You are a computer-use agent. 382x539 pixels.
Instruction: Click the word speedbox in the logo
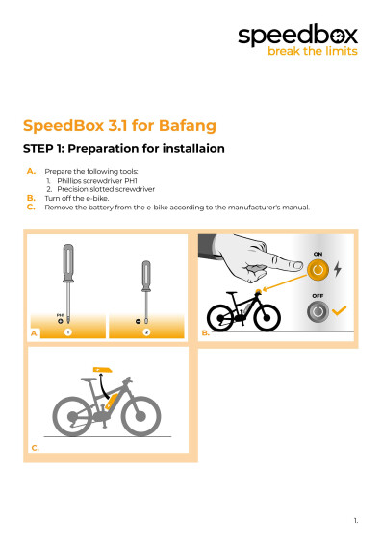(298, 36)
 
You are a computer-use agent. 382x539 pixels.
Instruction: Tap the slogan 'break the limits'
(312, 52)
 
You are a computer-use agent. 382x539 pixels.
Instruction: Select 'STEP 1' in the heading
(49, 149)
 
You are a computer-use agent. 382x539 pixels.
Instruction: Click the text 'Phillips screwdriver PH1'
(97, 180)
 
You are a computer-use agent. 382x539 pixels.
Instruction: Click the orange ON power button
(318, 271)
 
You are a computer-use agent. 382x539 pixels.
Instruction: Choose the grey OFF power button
(318, 310)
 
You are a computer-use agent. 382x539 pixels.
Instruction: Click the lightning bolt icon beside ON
(338, 271)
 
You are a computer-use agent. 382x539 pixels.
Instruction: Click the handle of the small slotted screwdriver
(146, 276)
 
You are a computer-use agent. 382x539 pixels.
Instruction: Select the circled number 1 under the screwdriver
(68, 331)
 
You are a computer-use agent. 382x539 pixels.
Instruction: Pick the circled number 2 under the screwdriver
(146, 331)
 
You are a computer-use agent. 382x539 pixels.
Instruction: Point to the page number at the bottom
(355, 520)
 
